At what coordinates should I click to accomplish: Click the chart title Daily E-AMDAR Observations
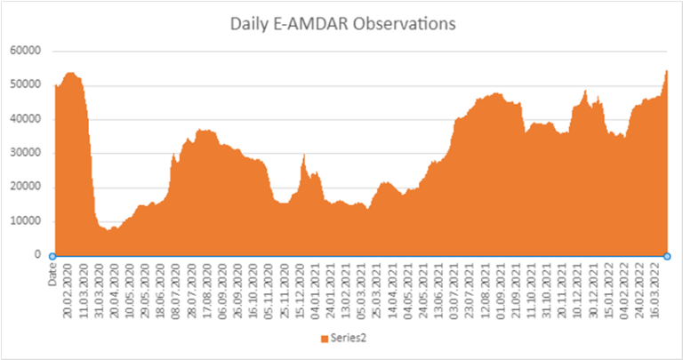(x=341, y=24)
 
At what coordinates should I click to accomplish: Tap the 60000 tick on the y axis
(x=26, y=51)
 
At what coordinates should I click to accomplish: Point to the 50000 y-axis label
(x=26, y=85)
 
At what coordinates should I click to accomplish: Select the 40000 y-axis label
(x=26, y=119)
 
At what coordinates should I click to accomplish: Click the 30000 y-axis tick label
(x=26, y=153)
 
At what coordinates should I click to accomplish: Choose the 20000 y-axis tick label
(x=26, y=188)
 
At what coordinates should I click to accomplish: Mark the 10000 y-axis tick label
(x=26, y=221)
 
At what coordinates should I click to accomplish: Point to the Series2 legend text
(x=346, y=340)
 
